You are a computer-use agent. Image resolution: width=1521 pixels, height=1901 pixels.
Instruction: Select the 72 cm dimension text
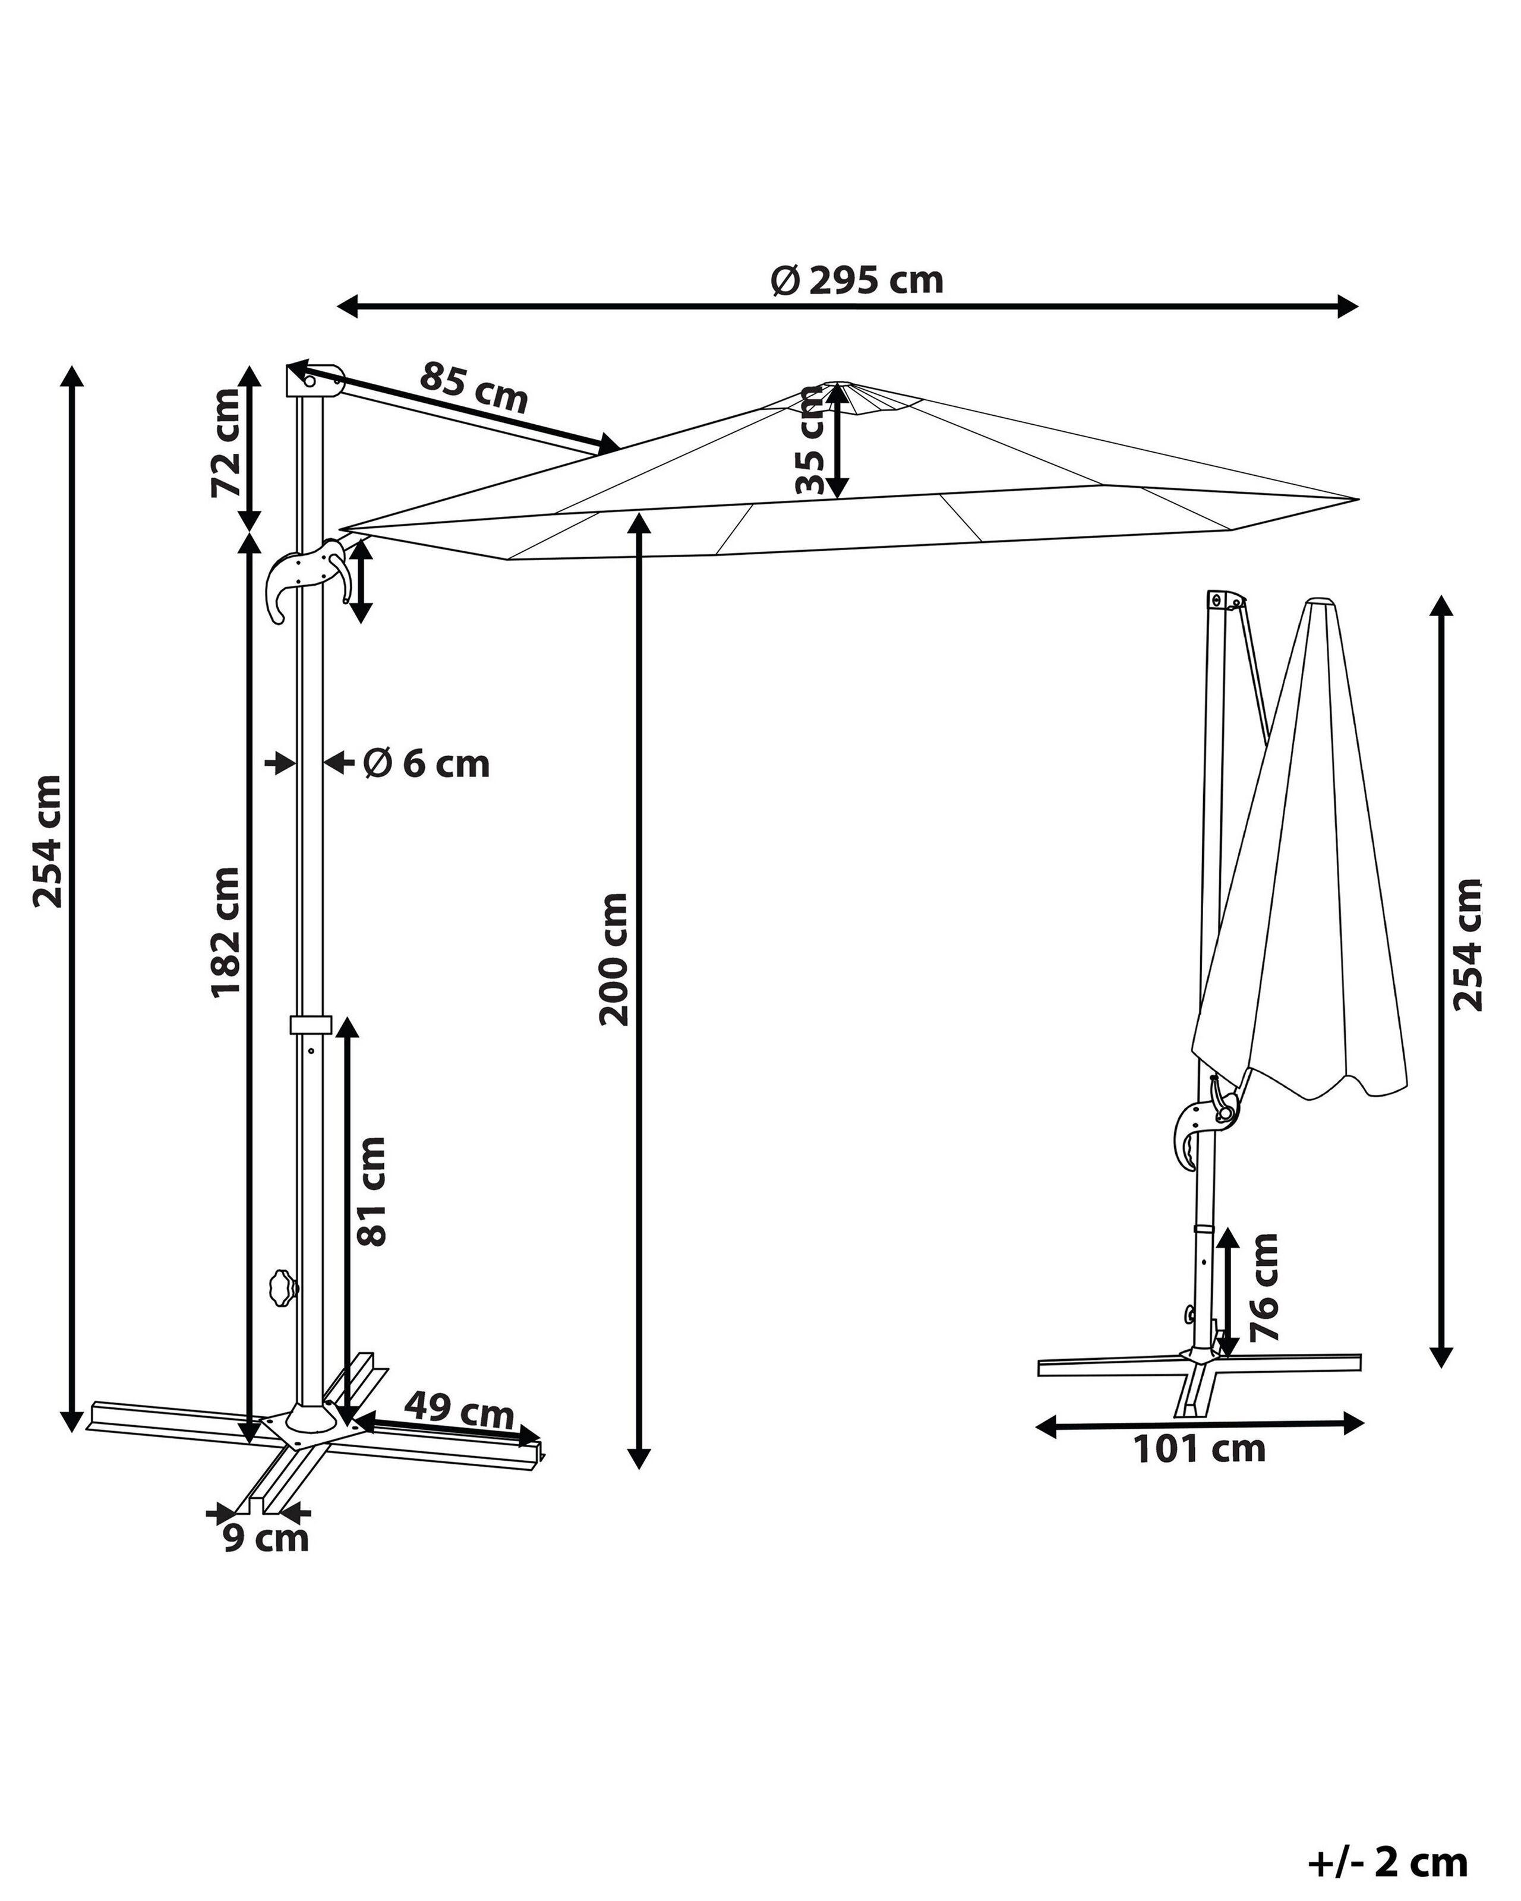226,444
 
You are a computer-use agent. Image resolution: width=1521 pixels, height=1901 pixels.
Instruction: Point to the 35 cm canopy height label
809,441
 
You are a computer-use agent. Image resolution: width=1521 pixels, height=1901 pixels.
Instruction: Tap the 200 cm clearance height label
614,959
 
